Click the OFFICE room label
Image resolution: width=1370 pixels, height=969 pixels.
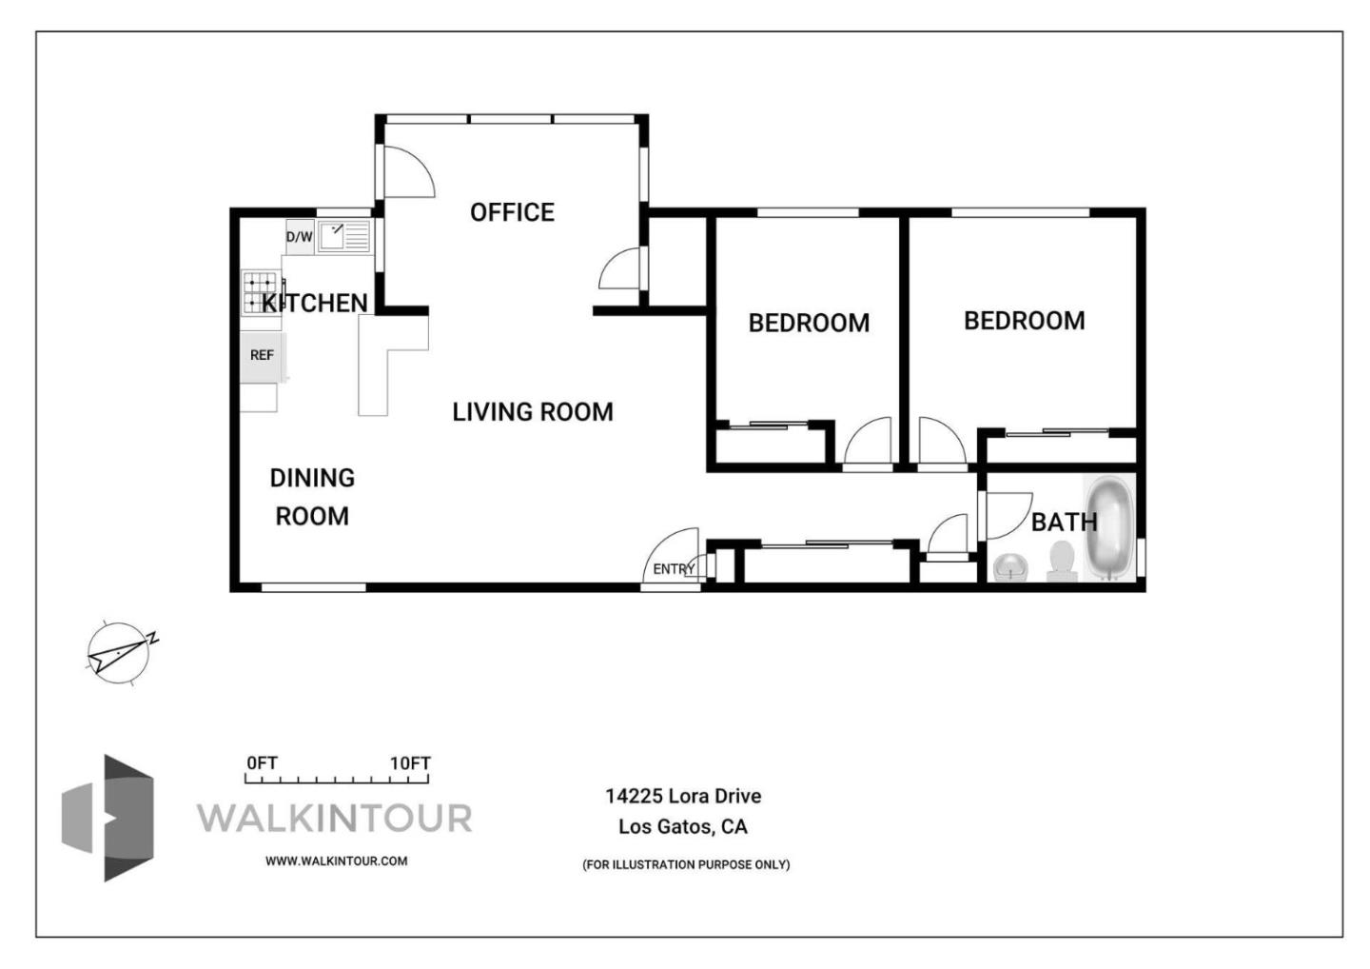[x=512, y=212]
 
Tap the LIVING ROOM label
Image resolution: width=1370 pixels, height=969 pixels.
[x=532, y=412]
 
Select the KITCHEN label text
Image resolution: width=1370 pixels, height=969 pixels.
[x=315, y=303]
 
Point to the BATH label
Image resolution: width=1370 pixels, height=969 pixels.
[x=1064, y=523]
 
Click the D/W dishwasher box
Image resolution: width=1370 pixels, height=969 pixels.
[x=300, y=237]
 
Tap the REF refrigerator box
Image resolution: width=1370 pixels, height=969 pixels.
[x=262, y=355]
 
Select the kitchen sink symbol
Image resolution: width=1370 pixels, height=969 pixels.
[x=343, y=236]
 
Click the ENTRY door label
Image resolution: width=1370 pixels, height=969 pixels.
[x=674, y=569]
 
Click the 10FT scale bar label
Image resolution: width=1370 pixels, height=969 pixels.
[x=410, y=763]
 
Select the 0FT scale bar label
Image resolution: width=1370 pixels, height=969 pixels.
[x=262, y=763]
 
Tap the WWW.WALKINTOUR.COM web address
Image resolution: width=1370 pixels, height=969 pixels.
[x=336, y=861]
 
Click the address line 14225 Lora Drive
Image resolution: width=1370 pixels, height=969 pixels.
[x=683, y=796]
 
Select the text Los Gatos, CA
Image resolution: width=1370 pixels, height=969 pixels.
[x=683, y=826]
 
